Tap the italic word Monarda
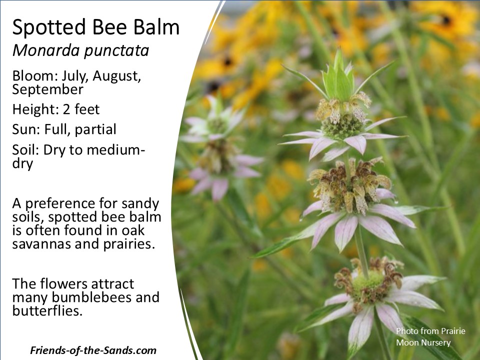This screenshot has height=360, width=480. [46, 50]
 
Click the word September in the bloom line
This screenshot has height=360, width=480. [48, 89]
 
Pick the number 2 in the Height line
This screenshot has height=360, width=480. [66, 109]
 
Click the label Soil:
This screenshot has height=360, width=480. [25, 149]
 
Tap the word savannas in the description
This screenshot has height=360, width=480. [41, 244]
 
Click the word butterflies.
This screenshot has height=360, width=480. [47, 310]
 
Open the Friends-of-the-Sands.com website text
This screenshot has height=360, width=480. [93, 350]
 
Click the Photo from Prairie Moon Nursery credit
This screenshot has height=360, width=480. [430, 336]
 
